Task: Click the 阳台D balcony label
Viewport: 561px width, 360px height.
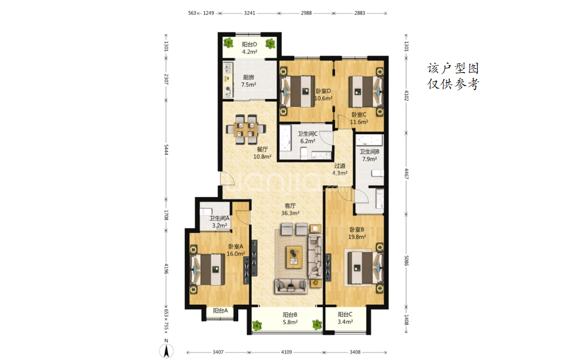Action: coord(249,45)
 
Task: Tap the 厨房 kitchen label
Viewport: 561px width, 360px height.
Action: coord(248,77)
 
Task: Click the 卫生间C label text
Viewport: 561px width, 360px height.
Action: coord(307,134)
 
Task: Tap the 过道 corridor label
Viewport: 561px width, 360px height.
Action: coord(340,165)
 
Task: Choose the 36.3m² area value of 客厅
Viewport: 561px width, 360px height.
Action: coord(290,213)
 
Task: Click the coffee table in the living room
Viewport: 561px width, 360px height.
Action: coord(294,257)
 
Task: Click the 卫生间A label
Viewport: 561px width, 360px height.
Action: coord(219,218)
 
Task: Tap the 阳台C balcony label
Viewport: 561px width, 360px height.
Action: coord(345,315)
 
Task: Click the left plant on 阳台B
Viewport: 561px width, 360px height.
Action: coord(256,325)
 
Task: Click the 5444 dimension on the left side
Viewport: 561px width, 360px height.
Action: coord(166,150)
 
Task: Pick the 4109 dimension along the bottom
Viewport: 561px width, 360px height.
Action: coord(286,352)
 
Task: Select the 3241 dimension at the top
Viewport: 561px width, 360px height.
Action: coord(249,13)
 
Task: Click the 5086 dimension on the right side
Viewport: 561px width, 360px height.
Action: coord(406,260)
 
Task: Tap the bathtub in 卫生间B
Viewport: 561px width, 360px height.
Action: coord(369,140)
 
